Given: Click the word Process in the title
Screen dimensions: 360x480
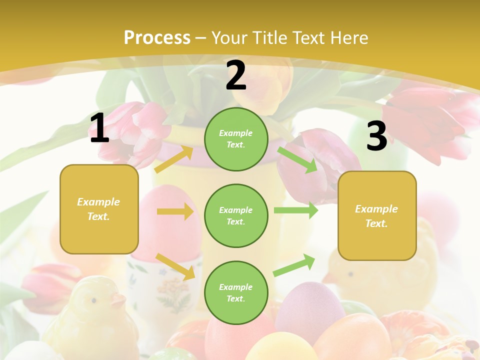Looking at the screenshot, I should tap(157, 38).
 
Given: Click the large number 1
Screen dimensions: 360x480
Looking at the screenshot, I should tap(99, 128).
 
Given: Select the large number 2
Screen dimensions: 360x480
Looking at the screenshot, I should tap(236, 75).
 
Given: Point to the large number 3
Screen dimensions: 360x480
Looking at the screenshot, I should tap(376, 136).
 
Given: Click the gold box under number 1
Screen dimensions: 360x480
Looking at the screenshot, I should tap(99, 209).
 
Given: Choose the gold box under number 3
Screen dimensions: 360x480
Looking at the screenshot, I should tap(377, 215).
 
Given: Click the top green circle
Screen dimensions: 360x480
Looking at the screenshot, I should tap(236, 139).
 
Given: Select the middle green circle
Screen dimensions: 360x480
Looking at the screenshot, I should tap(236, 215).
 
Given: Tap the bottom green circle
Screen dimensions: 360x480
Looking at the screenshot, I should tap(236, 292).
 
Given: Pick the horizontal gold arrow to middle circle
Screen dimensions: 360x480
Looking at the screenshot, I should tap(174, 211).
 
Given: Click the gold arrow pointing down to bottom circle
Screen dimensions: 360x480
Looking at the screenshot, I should tap(175, 266).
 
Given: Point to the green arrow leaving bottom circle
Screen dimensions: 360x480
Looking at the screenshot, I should tap(294, 265).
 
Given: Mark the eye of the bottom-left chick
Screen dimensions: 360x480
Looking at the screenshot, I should tap(93, 300).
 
